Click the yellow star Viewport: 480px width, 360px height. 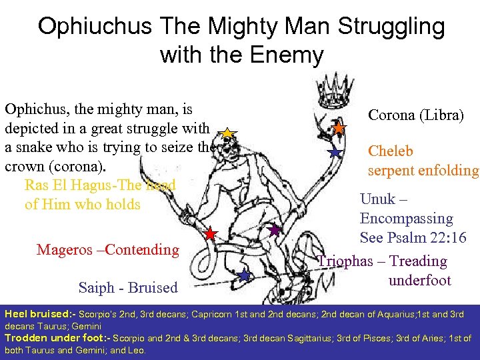[x=227, y=134]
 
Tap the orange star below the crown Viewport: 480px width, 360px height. [x=339, y=127]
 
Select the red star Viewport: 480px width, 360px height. [x=210, y=234]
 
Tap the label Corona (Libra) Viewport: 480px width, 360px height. [x=415, y=115]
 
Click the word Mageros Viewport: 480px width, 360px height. [x=65, y=250]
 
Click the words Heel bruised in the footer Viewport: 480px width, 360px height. [x=37, y=313]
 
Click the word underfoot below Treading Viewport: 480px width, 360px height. [x=420, y=280]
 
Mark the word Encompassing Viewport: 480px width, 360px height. [x=406, y=219]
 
